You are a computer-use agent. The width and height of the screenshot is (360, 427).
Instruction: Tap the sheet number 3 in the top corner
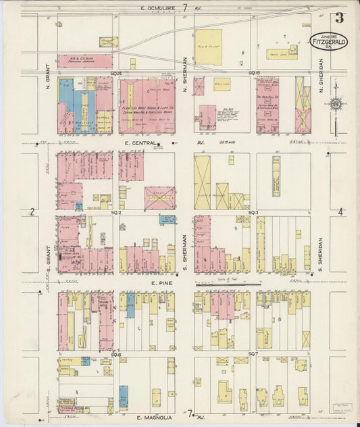(x=338, y=18)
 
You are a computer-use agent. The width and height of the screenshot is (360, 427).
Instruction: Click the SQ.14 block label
(x=116, y=73)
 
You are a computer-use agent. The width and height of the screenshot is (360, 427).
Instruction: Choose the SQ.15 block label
(x=254, y=73)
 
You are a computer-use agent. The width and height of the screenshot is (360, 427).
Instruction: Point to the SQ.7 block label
(x=253, y=353)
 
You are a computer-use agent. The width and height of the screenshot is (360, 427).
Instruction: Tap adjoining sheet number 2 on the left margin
(x=32, y=212)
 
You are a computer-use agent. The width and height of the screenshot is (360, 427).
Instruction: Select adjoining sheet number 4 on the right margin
(x=340, y=212)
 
